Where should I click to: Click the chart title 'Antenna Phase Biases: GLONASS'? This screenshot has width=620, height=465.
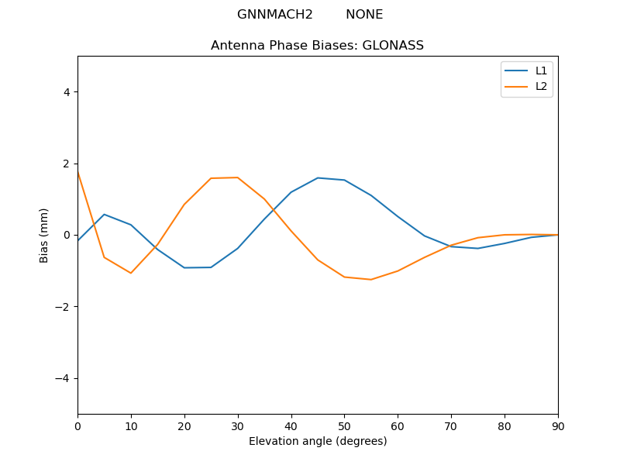pyautogui.click(x=317, y=46)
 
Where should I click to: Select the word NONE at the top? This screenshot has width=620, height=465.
pyautogui.click(x=364, y=15)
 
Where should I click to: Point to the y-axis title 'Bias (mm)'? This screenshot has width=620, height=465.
pyautogui.click(x=44, y=235)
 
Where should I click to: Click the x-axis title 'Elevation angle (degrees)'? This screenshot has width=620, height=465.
pyautogui.click(x=318, y=441)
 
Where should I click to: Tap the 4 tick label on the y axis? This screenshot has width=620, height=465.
pyautogui.click(x=66, y=92)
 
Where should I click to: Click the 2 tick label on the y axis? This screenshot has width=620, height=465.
pyautogui.click(x=66, y=164)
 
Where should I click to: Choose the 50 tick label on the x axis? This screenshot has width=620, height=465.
pyautogui.click(x=344, y=425)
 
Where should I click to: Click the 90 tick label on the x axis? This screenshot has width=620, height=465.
pyautogui.click(x=557, y=425)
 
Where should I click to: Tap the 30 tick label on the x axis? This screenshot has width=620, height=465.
pyautogui.click(x=238, y=425)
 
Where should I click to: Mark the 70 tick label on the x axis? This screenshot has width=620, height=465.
pyautogui.click(x=451, y=425)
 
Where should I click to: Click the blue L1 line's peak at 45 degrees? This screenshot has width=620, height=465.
pyautogui.click(x=318, y=177)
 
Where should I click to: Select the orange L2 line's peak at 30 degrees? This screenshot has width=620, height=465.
pyautogui.click(x=238, y=177)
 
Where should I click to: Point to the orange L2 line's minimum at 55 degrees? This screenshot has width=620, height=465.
pyautogui.click(x=371, y=280)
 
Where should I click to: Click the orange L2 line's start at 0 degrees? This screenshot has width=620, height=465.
pyautogui.click(x=78, y=172)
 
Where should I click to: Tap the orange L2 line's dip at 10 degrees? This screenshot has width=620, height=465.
pyautogui.click(x=131, y=273)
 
